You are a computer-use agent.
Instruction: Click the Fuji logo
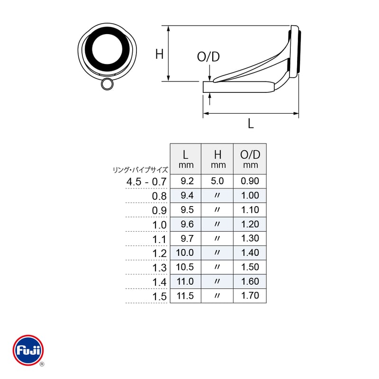tap(28, 350)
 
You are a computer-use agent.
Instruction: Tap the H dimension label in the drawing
tap(159, 54)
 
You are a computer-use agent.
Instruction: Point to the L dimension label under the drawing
tap(251, 124)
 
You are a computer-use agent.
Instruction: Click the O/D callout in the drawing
tap(208, 57)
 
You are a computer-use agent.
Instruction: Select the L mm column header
tap(186, 159)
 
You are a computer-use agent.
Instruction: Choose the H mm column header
tap(218, 159)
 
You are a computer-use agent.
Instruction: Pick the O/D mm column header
tap(250, 159)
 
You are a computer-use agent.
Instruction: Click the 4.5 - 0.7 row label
tap(146, 181)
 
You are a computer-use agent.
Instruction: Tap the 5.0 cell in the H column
tap(217, 181)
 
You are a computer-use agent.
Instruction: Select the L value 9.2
tap(187, 181)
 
